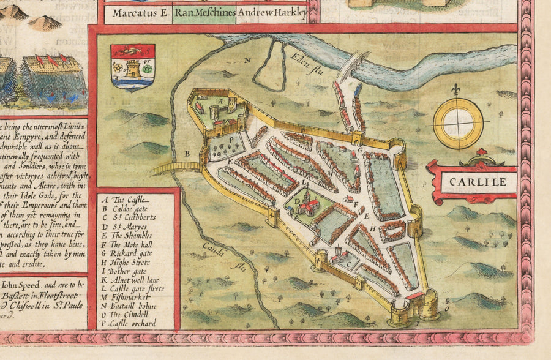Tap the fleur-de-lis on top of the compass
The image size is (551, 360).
pos(455,90)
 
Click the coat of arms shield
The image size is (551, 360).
pos(132,67)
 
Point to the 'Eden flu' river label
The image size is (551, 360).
pos(298,62)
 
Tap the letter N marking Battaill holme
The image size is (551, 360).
pos(247,59)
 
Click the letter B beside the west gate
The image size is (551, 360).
pos(188,153)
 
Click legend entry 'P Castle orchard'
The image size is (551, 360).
pos(137,323)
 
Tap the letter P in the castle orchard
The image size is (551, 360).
pos(231,139)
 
